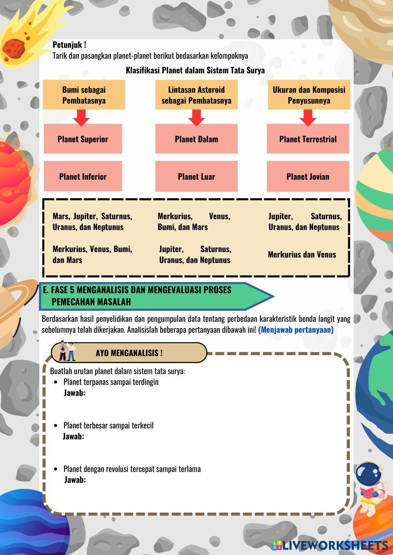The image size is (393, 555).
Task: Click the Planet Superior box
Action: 83,139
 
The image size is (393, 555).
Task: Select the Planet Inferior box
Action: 83,176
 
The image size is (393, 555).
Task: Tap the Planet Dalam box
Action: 196,139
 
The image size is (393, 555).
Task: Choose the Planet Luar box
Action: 196,176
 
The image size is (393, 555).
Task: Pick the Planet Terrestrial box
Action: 308,139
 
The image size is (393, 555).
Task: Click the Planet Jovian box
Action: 308,176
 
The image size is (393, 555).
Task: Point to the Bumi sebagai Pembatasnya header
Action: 84,95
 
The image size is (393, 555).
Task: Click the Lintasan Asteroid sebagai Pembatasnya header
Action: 196,95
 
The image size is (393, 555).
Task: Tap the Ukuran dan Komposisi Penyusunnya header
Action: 309,95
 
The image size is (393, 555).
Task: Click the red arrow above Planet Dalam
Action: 196,117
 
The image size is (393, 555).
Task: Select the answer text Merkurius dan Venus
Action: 302,254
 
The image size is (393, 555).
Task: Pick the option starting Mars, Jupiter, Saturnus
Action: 92,221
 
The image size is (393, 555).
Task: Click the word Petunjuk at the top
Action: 69,45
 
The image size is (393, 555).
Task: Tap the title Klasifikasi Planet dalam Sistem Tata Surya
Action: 195,71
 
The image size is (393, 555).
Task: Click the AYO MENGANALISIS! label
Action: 129,353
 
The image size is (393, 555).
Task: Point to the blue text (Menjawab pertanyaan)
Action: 296,330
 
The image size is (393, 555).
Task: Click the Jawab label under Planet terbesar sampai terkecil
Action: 73,436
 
